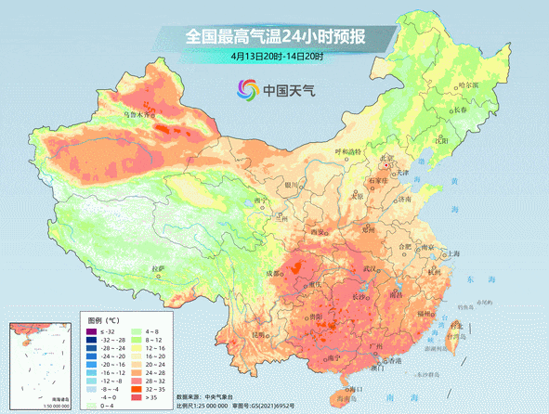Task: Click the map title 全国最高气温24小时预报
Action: (x=275, y=36)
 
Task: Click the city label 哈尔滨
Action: (x=469, y=85)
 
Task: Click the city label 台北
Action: (x=455, y=326)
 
